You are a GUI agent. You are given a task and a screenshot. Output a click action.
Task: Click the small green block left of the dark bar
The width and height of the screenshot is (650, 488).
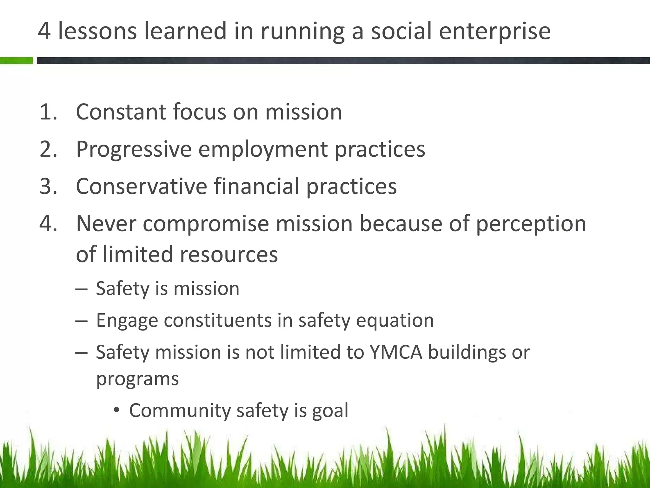pyautogui.click(x=16, y=61)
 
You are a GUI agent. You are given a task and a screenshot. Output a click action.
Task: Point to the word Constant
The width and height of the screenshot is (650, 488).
pyautogui.click(x=121, y=112)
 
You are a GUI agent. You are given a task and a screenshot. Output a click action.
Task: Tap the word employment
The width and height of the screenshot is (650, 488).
pyautogui.click(x=263, y=150)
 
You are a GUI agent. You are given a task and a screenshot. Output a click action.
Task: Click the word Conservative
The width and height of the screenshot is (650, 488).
pyautogui.click(x=142, y=186)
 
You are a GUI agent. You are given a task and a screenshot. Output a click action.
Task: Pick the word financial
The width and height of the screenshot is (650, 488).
pyautogui.click(x=256, y=186)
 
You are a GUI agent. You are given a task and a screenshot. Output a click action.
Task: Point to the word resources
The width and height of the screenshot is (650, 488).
pyautogui.click(x=229, y=255)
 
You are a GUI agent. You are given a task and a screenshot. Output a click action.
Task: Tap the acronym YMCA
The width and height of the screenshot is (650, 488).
pyautogui.click(x=396, y=352)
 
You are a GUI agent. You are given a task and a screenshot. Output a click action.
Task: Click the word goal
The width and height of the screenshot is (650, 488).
pyautogui.click(x=330, y=411)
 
